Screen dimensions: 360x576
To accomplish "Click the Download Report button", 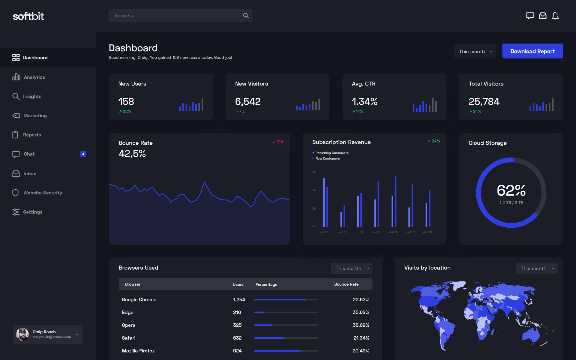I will point(532,51).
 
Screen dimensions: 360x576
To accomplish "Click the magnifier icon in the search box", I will point(246,16).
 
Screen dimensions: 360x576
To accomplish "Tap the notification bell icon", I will point(555,16).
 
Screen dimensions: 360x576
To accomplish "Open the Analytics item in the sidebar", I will point(34,77).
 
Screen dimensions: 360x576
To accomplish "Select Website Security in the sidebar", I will point(43,193).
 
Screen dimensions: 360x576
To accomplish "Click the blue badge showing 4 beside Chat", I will point(83,154).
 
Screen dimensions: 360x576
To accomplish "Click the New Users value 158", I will point(126,102).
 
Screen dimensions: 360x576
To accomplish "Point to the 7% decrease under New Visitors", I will point(240,111).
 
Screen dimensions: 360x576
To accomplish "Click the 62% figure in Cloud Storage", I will point(511,190).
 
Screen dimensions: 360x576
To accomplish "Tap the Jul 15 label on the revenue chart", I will point(376,232).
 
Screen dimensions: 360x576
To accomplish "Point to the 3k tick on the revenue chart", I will point(314,190).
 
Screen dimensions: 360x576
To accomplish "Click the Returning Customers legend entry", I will point(331,153).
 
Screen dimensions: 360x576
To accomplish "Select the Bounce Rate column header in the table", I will point(346,284).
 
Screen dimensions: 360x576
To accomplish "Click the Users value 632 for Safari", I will point(237,338).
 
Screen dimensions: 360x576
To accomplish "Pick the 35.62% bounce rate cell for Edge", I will point(361,312).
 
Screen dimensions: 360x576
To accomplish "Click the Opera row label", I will point(128,325).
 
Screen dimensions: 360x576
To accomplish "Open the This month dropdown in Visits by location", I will point(536,268).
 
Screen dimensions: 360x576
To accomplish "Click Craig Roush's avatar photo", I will point(22,334).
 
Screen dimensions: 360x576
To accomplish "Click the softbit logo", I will point(28,16).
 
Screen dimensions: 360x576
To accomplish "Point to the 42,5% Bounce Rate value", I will point(132,154).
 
